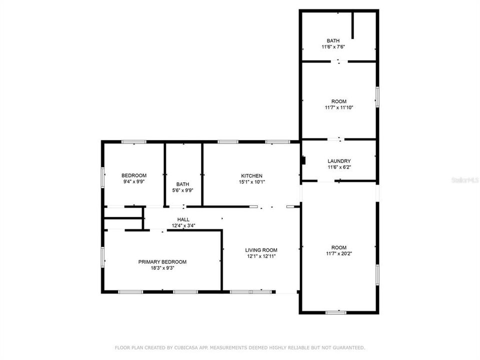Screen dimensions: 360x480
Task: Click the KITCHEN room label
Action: [x=251, y=175]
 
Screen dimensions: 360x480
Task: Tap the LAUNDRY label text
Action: [x=339, y=161]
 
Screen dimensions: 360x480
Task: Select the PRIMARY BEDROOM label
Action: [x=162, y=262]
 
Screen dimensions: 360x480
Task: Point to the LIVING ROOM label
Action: [x=261, y=250]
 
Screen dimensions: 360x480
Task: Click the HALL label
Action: [x=183, y=219]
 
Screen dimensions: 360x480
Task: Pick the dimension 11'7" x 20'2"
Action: [x=338, y=253]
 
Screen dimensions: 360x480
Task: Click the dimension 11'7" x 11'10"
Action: [x=338, y=107]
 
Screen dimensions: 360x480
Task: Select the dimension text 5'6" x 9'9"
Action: [x=182, y=190]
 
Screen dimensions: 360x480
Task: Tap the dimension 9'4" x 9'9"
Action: [x=134, y=181]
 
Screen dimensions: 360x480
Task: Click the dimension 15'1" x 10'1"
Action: [x=251, y=181]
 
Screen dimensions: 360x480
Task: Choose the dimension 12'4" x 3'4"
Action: [x=183, y=225]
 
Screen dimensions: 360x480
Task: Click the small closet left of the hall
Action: [x=123, y=213]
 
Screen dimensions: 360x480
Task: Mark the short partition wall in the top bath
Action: [x=353, y=25]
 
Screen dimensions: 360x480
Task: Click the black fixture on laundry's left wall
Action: [x=302, y=161]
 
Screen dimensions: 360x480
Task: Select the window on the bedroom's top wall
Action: [x=134, y=142]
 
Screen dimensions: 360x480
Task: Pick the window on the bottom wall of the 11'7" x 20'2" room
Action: [x=335, y=312]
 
